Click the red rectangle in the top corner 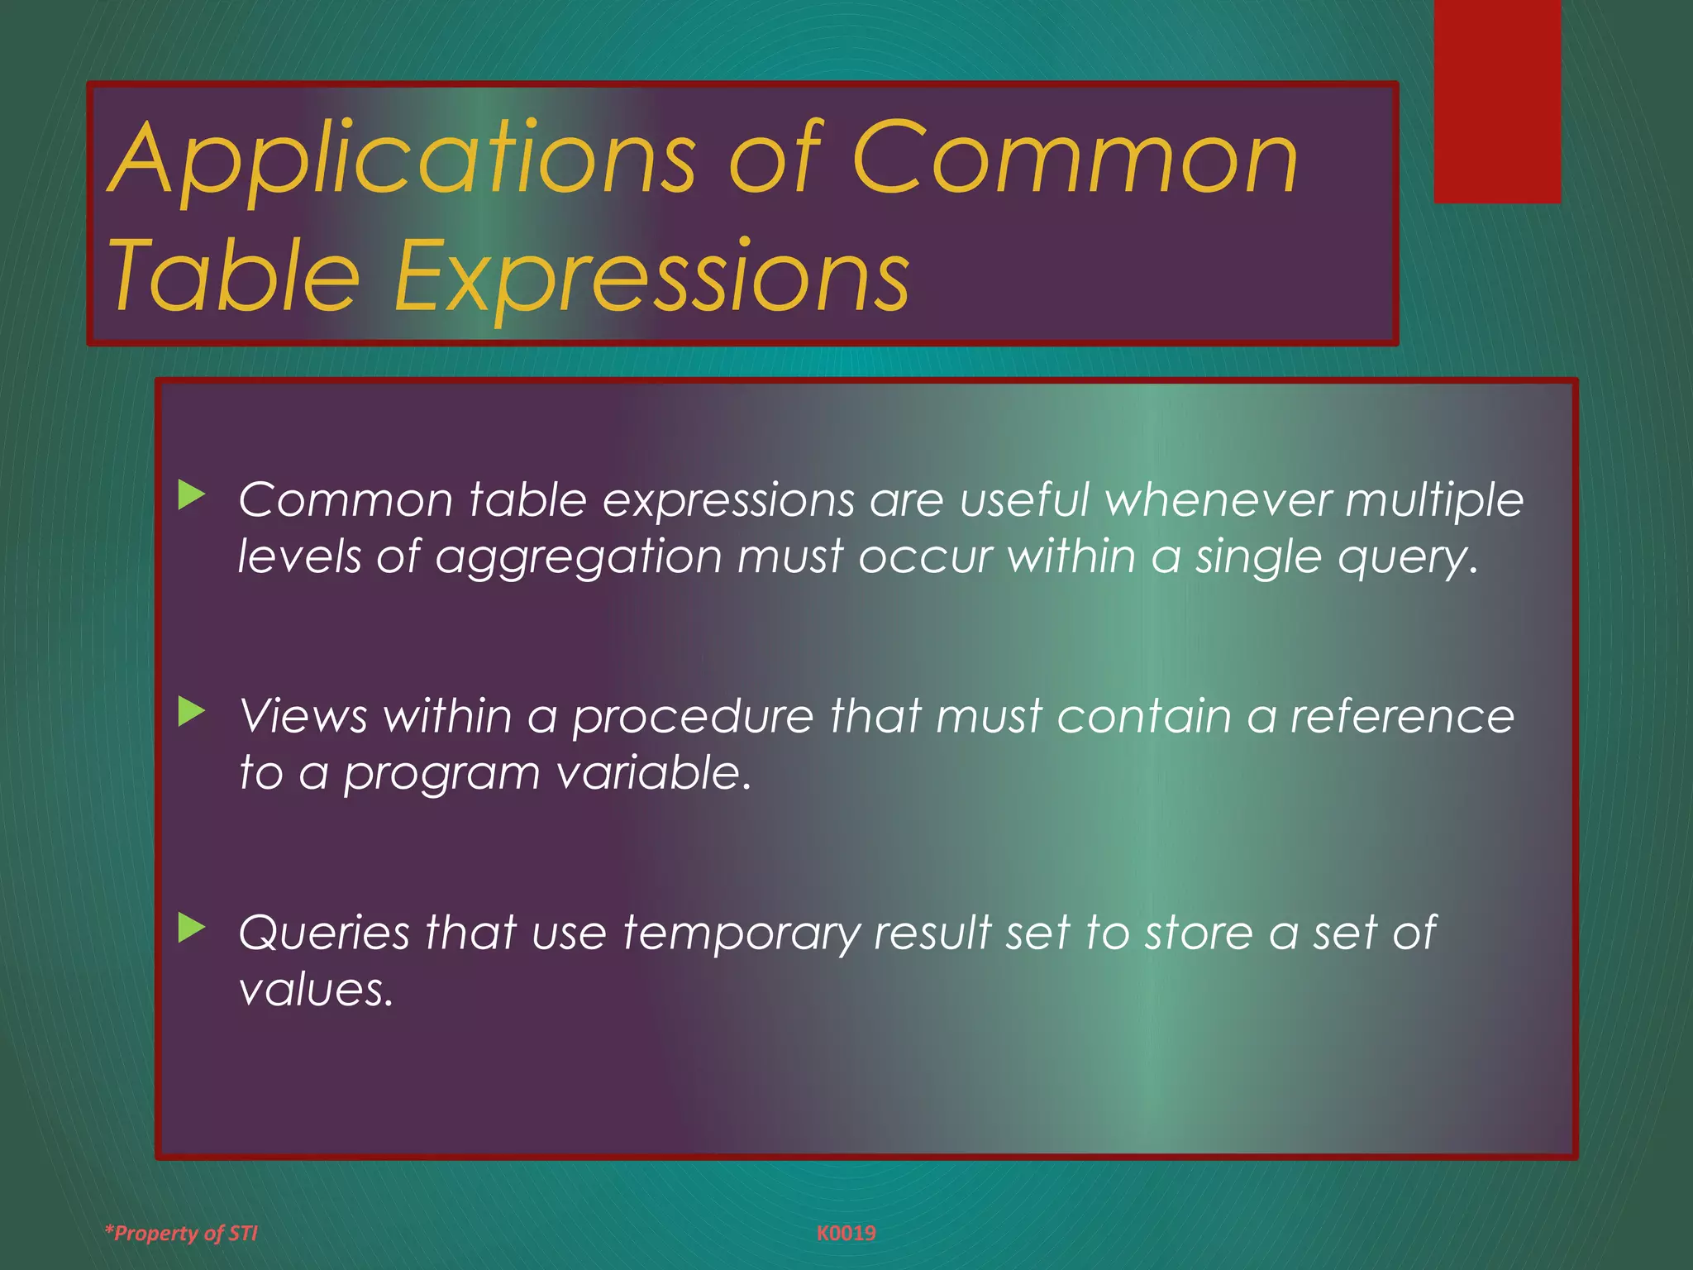[x=1497, y=101]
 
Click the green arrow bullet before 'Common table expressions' [x=191, y=496]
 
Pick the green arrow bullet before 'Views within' [x=191, y=712]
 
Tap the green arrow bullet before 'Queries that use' [x=191, y=929]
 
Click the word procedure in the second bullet [x=693, y=717]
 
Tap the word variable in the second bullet [x=653, y=773]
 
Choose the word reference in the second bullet [x=1402, y=717]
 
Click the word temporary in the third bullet [x=742, y=934]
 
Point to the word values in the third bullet [x=315, y=990]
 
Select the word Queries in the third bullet [x=323, y=934]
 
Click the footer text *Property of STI [x=181, y=1233]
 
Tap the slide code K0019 [x=846, y=1233]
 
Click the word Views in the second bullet [x=303, y=717]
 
